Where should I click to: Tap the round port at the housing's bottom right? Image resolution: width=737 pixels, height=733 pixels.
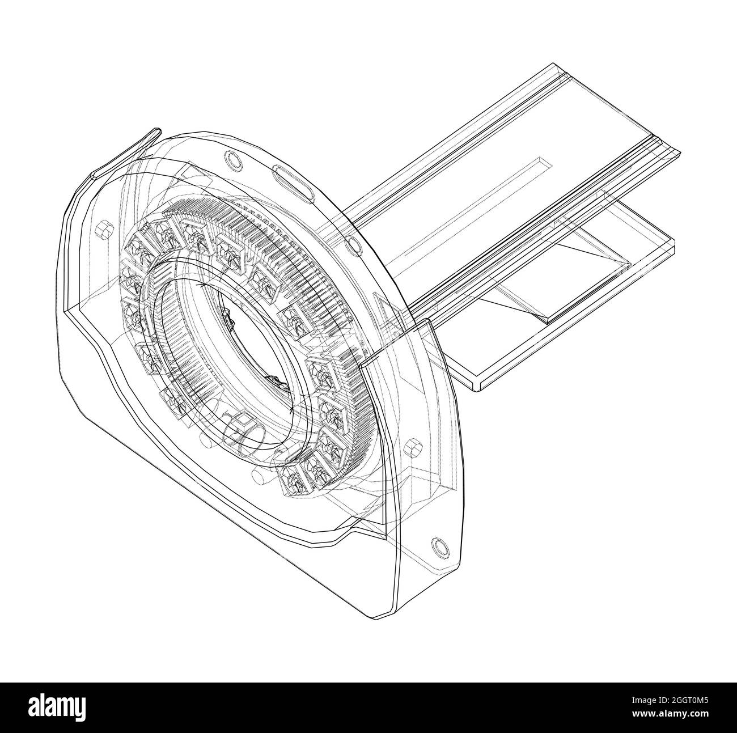click(438, 545)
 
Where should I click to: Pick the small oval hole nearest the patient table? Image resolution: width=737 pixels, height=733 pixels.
click(353, 244)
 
